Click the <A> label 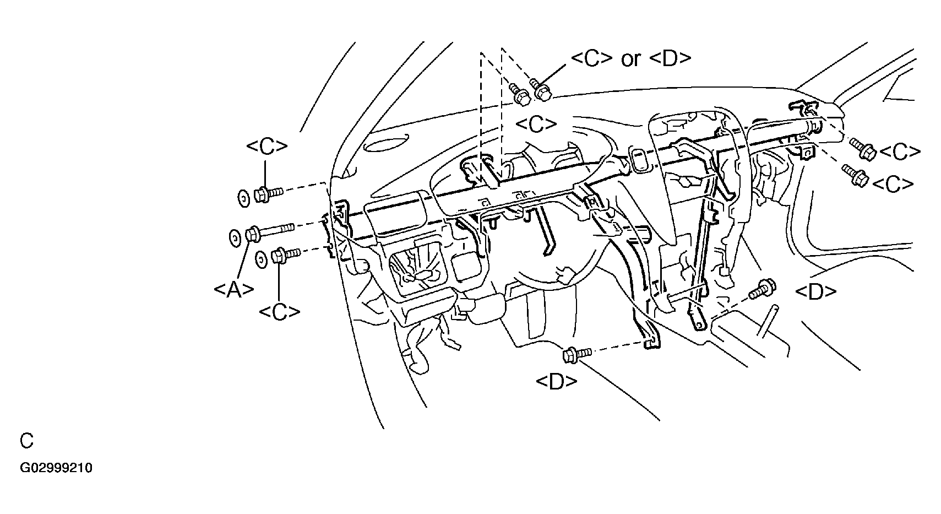pyautogui.click(x=233, y=289)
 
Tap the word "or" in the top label pyautogui.click(x=630, y=58)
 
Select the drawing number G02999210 pyautogui.click(x=56, y=468)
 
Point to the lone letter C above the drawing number pyautogui.click(x=26, y=441)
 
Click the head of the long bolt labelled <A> pyautogui.click(x=253, y=234)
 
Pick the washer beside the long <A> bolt pyautogui.click(x=234, y=238)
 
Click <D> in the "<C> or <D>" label pyautogui.click(x=670, y=58)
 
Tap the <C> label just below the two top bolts pyautogui.click(x=536, y=125)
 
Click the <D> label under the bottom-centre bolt pyautogui.click(x=556, y=381)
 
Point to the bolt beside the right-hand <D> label pyautogui.click(x=762, y=289)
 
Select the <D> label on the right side pyautogui.click(x=815, y=292)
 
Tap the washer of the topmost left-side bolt pyautogui.click(x=242, y=197)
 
